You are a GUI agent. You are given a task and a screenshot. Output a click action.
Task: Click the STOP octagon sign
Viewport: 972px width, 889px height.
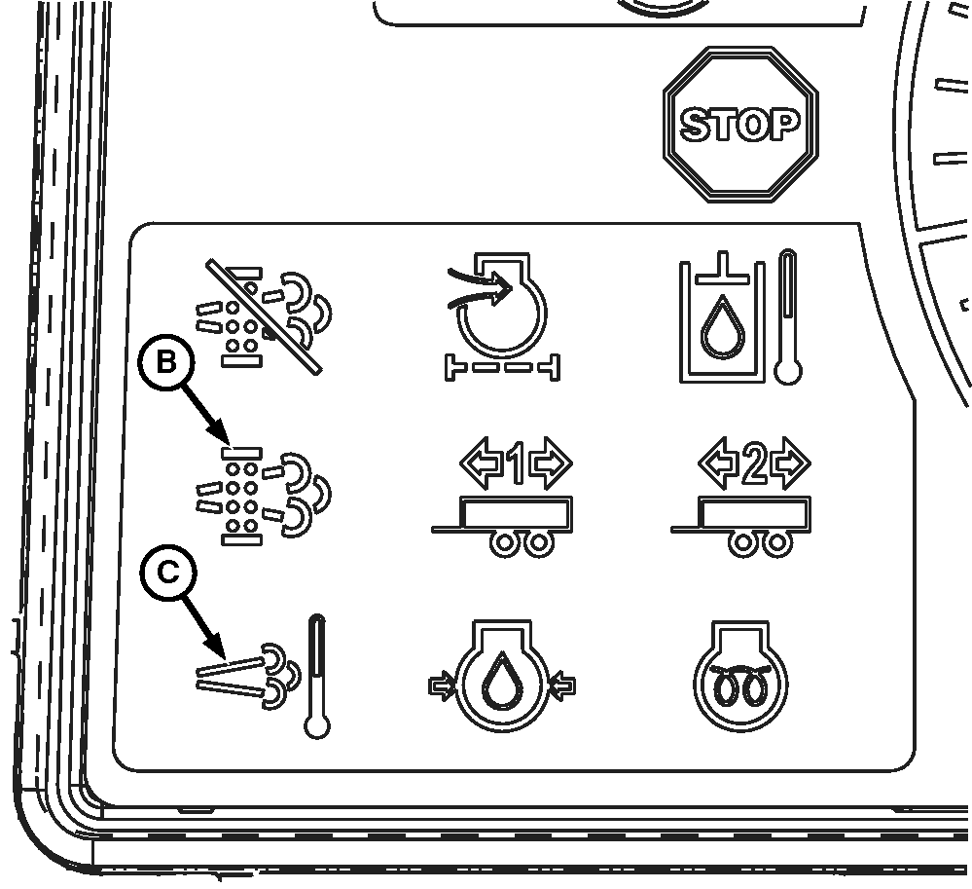pos(740,124)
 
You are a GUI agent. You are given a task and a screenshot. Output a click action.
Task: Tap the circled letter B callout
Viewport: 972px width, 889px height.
pos(166,362)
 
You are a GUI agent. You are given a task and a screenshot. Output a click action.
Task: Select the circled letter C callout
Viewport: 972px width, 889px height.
pos(168,572)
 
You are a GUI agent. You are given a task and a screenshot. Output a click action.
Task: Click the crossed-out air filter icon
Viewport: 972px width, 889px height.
pos(264,317)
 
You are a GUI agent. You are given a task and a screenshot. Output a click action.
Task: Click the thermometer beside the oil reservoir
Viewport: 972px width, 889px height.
pos(788,317)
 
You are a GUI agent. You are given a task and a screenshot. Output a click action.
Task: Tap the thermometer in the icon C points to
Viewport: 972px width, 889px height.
pos(317,676)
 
